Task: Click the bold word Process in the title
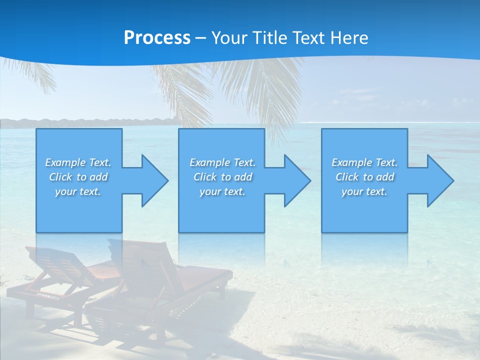coord(157,38)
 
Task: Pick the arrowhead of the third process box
coord(439,180)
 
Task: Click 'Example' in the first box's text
coord(65,162)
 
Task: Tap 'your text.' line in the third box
coord(364,191)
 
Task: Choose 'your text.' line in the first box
coord(78,191)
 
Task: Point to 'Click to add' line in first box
coord(78,177)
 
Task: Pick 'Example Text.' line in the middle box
coord(222,162)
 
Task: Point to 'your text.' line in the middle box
coord(222,191)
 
